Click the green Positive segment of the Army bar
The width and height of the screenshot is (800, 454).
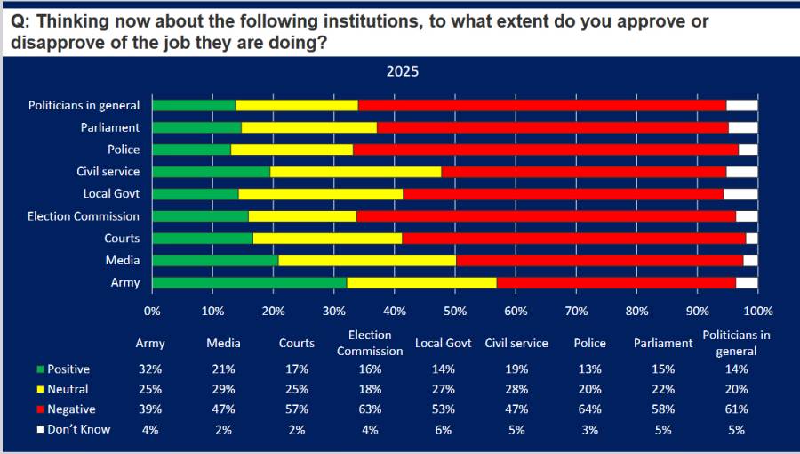click(x=250, y=282)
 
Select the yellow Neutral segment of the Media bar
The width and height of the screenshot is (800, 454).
click(x=367, y=261)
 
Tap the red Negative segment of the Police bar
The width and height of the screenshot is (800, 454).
click(x=546, y=150)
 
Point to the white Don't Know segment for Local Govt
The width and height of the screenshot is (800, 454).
click(x=740, y=194)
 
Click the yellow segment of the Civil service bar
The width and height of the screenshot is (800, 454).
click(x=356, y=172)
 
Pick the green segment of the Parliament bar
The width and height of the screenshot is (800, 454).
click(x=197, y=127)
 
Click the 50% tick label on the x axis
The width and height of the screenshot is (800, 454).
click(x=455, y=311)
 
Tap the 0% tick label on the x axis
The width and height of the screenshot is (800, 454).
click(x=152, y=311)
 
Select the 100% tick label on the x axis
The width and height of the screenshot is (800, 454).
click(x=758, y=311)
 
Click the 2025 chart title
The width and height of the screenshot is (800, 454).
click(x=403, y=71)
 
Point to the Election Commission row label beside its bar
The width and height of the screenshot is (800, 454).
click(x=84, y=216)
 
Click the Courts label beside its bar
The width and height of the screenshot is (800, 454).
click(x=122, y=238)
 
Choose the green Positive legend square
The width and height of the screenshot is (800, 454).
click(x=41, y=369)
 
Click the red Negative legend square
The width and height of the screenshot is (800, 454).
click(x=41, y=409)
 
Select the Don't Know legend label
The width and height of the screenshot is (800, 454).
click(x=78, y=429)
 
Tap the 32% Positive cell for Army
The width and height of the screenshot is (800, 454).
click(x=150, y=369)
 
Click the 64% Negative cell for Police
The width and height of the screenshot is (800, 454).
click(x=590, y=409)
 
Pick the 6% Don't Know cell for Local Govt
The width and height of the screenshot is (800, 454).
click(x=444, y=430)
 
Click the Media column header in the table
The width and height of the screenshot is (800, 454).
click(x=223, y=344)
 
